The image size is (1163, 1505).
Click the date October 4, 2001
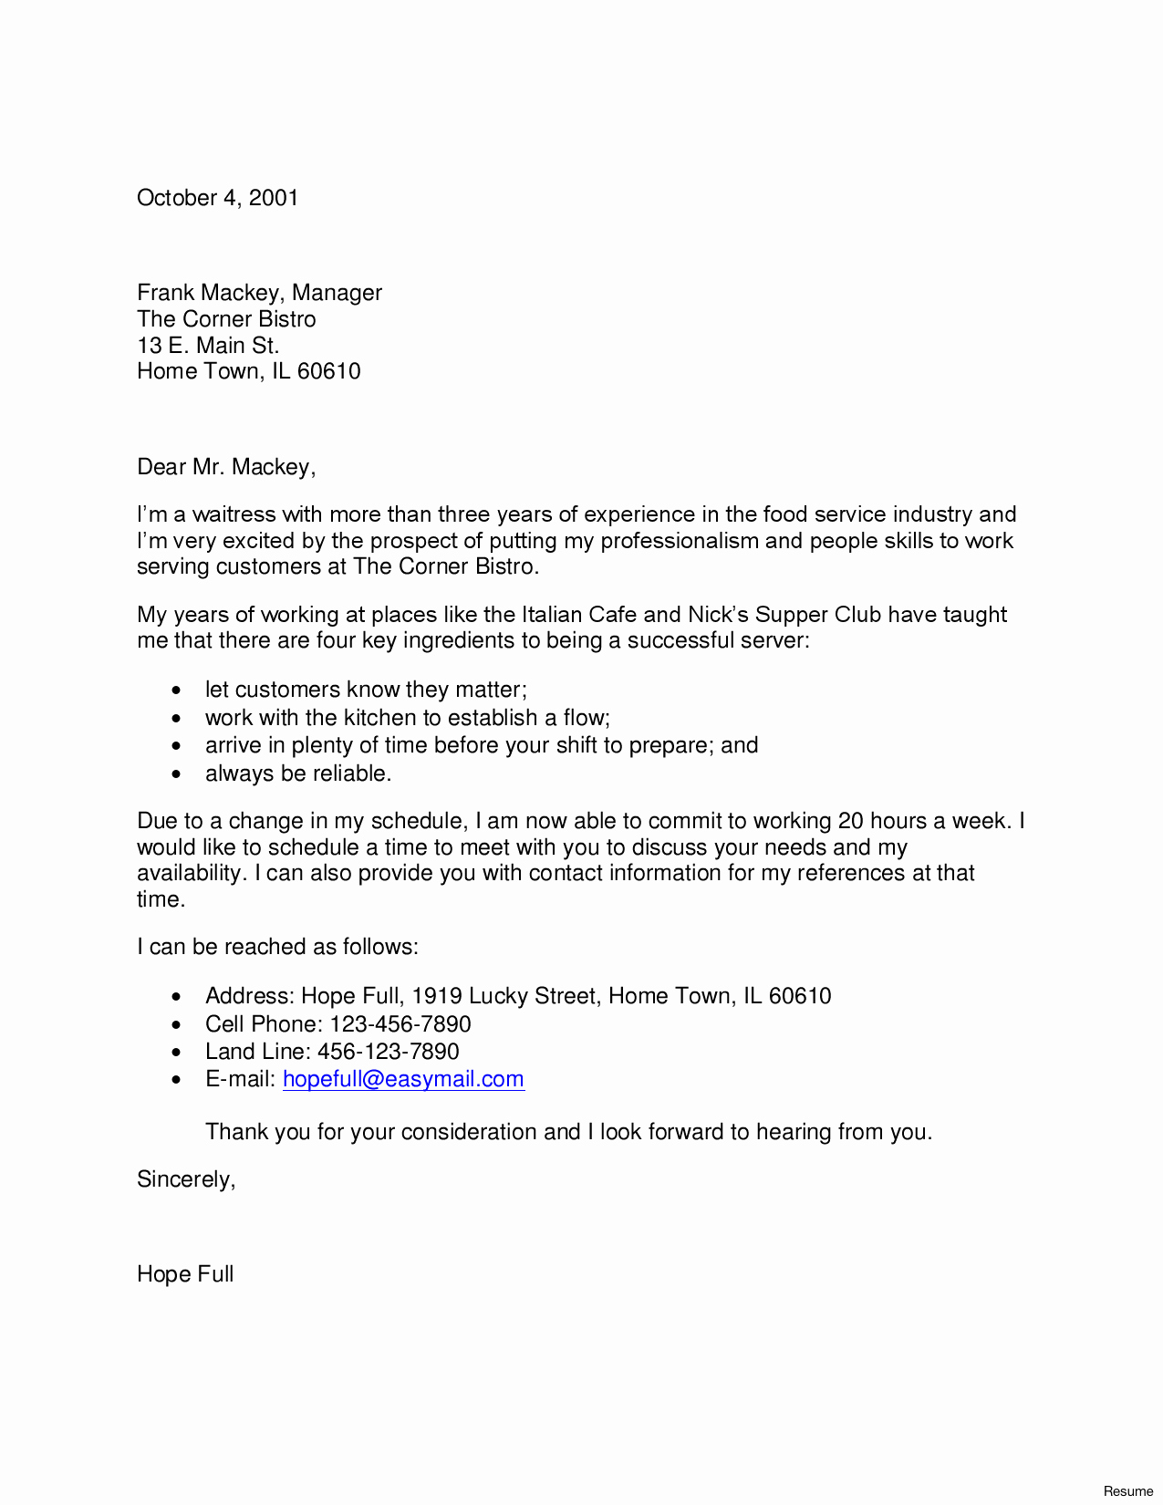217,198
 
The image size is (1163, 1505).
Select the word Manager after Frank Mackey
337,293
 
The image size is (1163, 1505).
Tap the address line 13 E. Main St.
208,346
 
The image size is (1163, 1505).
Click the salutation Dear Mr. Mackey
225,467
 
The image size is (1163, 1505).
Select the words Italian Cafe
578,615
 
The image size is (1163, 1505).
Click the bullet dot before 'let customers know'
177,691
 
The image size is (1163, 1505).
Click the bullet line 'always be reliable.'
298,773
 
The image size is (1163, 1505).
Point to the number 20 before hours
850,821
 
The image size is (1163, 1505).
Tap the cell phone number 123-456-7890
400,1024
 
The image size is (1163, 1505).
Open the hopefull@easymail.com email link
403,1079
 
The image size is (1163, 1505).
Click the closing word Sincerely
185,1179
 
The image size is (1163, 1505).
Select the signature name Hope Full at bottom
185,1274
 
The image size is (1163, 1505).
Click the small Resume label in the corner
1128,1491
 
